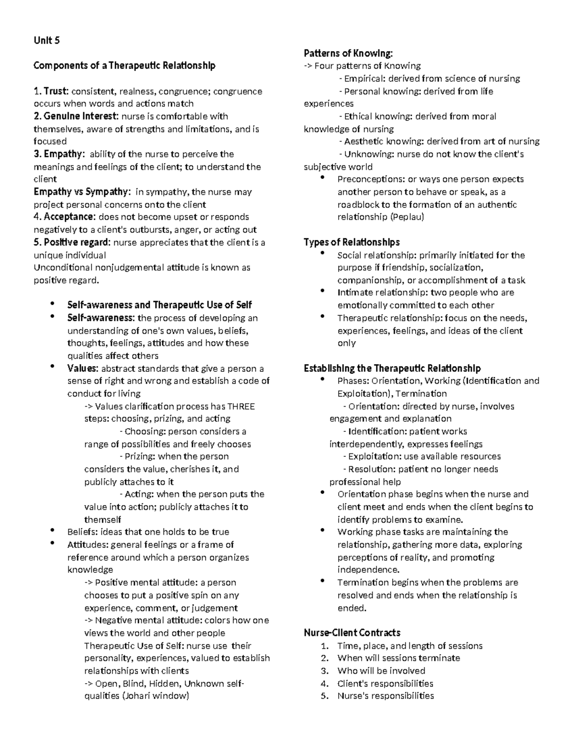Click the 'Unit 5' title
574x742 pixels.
46,41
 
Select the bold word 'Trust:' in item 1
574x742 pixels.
56,91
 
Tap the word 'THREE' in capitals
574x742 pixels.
241,407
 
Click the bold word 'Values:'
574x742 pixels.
83,368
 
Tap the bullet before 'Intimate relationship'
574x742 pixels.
323,290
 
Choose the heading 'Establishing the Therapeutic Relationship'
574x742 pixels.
392,368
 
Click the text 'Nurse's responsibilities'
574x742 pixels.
386,696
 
